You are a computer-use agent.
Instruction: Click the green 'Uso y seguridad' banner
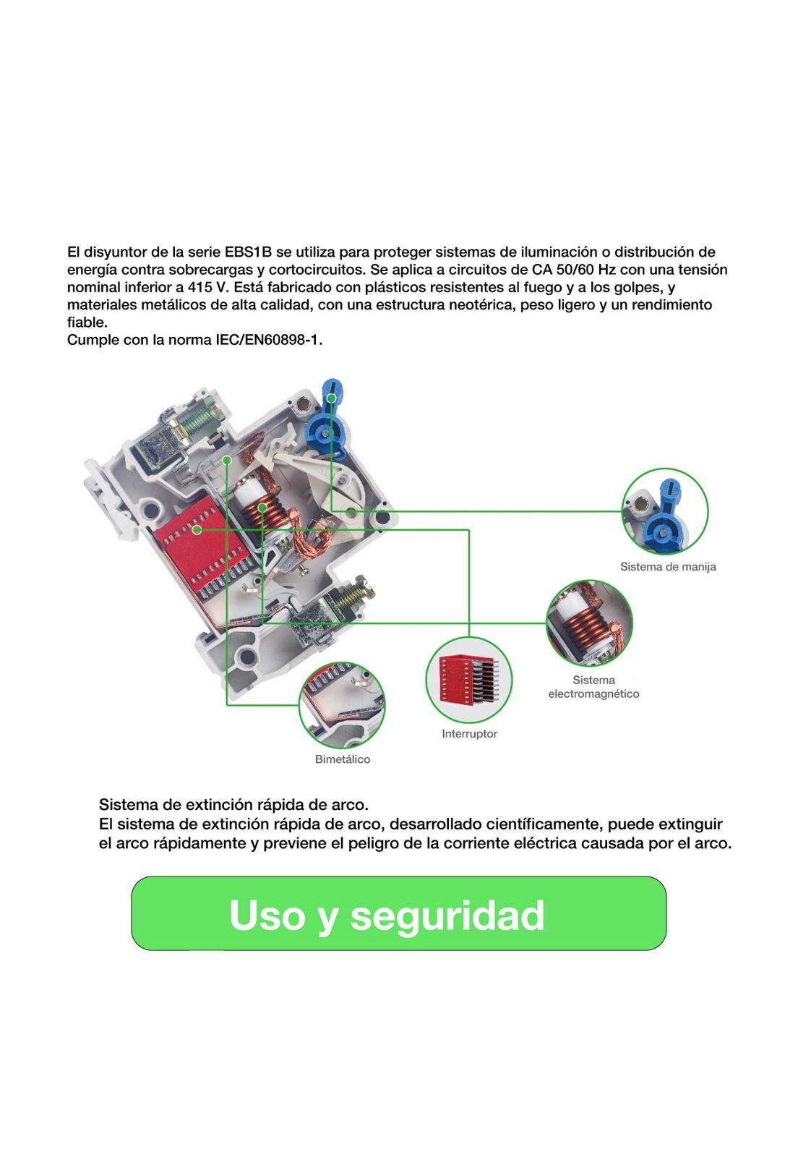[398, 913]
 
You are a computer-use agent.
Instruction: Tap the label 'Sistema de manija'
[668, 567]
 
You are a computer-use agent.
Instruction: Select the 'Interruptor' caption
[469, 734]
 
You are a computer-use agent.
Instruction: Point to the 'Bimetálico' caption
[343, 759]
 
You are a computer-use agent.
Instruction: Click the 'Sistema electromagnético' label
[593, 687]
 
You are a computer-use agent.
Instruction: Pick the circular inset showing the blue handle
[665, 511]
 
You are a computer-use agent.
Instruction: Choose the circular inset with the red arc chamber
[468, 679]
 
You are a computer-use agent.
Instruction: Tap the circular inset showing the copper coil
[589, 623]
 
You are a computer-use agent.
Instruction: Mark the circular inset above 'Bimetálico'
[342, 704]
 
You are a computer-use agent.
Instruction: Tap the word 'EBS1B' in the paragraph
[248, 252]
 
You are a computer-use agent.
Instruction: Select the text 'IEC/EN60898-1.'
[269, 340]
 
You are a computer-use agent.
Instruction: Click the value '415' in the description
[199, 287]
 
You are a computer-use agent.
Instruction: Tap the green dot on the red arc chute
[197, 529]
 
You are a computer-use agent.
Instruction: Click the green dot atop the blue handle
[331, 398]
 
